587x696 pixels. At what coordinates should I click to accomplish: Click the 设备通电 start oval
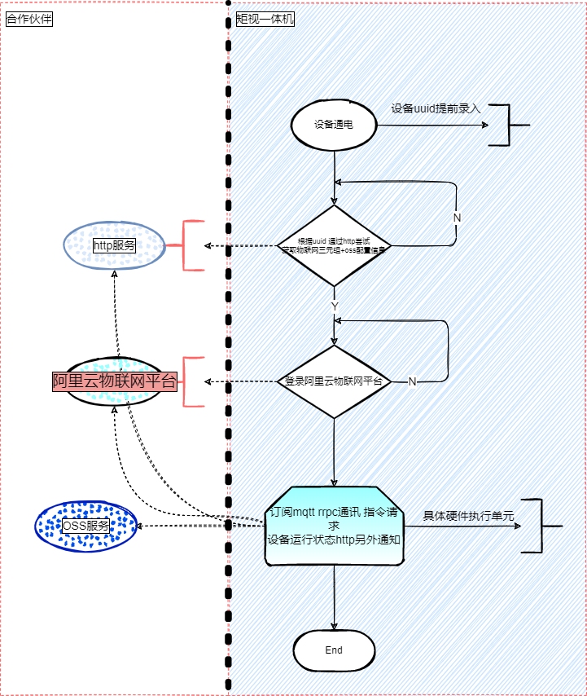334,125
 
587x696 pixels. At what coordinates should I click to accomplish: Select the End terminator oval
334,650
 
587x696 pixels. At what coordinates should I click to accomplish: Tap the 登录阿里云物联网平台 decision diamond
334,381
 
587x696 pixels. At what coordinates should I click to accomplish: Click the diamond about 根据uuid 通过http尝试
334,245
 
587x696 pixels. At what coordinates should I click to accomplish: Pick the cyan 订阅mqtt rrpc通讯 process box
334,526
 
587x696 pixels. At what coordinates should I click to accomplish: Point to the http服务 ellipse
114,245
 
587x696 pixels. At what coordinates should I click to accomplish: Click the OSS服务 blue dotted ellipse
85,526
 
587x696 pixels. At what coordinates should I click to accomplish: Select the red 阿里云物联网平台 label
114,381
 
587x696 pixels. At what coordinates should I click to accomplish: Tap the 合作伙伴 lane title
28,19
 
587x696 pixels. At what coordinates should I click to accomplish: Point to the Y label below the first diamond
334,305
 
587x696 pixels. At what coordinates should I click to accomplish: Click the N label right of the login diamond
412,381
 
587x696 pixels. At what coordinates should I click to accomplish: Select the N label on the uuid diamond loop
457,218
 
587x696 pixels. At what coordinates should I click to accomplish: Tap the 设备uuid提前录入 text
436,108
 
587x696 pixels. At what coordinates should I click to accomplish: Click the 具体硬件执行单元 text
468,515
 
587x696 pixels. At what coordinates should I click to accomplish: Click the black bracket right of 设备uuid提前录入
506,126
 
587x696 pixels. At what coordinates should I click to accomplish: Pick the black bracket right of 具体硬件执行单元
538,526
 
